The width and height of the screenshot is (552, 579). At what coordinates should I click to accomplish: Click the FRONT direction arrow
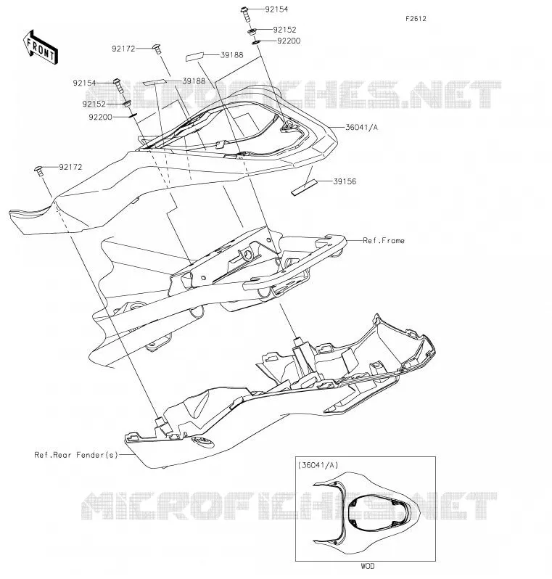[41, 48]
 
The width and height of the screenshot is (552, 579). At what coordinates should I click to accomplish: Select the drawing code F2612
[416, 19]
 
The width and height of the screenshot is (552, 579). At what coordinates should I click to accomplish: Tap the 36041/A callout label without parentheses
[361, 128]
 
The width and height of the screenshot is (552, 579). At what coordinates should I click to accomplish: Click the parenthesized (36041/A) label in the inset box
[318, 465]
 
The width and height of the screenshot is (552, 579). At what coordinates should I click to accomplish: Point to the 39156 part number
[345, 181]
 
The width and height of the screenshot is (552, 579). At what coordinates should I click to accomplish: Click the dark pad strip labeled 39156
[305, 187]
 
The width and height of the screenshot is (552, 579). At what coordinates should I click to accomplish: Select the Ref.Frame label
[384, 241]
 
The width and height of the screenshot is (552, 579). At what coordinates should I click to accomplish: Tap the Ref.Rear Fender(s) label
[76, 455]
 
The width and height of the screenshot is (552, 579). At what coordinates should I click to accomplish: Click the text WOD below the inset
[367, 566]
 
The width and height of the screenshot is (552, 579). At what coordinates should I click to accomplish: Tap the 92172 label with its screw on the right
[123, 49]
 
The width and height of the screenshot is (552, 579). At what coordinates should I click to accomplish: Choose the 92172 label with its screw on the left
[70, 168]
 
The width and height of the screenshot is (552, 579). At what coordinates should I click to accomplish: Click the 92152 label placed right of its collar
[284, 30]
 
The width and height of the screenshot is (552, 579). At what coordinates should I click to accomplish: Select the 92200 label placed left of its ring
[100, 118]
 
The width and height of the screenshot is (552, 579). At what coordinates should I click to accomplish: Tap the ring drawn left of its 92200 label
[255, 43]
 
